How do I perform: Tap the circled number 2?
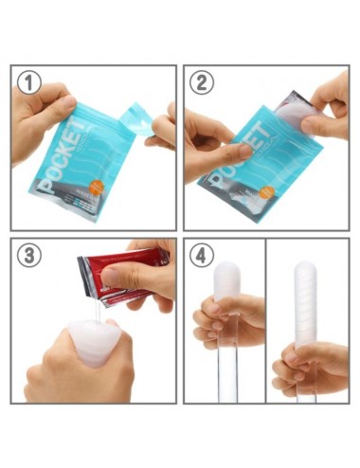pos(202,82)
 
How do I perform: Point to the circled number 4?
pos(202,256)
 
